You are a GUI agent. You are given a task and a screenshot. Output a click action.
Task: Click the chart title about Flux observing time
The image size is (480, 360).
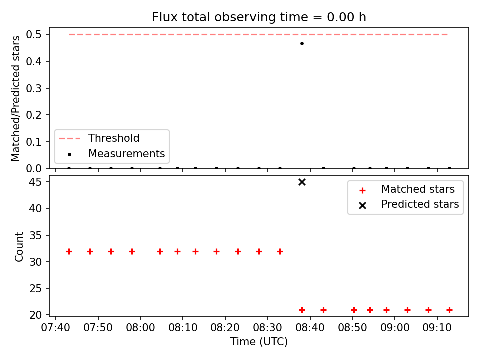click(x=259, y=17)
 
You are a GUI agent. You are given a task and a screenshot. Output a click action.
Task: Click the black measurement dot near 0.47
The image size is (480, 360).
click(x=302, y=44)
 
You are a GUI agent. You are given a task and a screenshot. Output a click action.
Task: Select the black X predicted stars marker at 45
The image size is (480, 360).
click(x=302, y=182)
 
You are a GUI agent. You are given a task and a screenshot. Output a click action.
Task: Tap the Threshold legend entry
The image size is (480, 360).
click(x=99, y=138)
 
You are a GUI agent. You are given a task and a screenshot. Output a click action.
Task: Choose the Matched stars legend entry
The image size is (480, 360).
click(x=406, y=190)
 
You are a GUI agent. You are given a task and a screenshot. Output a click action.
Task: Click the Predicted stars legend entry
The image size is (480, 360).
click(x=408, y=204)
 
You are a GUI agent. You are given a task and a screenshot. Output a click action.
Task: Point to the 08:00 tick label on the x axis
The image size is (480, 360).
click(x=140, y=328)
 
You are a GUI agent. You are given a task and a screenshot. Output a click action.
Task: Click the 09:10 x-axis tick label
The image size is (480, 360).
click(x=437, y=328)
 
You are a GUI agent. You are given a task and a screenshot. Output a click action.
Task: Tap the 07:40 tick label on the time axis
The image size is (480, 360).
click(x=55, y=328)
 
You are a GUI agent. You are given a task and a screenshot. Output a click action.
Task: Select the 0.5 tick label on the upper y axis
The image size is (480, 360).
click(x=34, y=35)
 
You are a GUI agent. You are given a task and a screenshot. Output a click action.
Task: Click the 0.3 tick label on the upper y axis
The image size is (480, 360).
click(x=34, y=88)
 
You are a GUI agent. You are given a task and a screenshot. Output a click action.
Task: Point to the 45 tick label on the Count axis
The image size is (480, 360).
click(x=36, y=182)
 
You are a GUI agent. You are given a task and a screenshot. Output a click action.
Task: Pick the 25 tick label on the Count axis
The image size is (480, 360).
click(x=36, y=288)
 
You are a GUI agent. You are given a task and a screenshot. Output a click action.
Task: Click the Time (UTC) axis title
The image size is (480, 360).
click(x=259, y=342)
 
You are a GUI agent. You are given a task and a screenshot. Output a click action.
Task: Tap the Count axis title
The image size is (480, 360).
click(x=19, y=247)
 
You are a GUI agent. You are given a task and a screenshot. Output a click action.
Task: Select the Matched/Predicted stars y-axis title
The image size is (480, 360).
click(x=16, y=98)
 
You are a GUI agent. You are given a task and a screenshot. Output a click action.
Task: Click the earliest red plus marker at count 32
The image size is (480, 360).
click(x=69, y=252)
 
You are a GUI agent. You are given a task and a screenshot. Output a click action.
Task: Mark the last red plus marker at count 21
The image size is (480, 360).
click(x=449, y=310)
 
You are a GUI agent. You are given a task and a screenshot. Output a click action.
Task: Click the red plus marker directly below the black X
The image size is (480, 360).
click(x=302, y=310)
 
